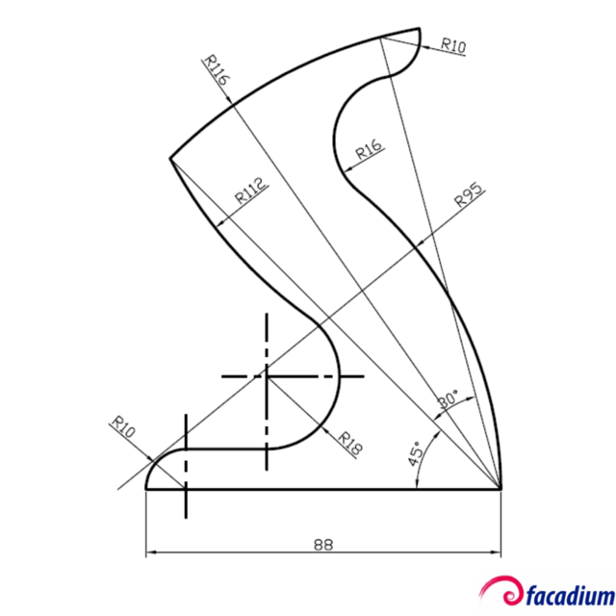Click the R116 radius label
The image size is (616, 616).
[216, 71]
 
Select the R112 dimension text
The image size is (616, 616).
[252, 191]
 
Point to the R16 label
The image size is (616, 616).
[368, 148]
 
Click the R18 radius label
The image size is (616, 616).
[350, 441]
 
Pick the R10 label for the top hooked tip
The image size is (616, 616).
[453, 44]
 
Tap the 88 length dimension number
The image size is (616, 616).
[322, 544]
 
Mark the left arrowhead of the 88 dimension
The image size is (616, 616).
[151, 553]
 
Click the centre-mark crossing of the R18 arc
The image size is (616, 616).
[266, 375]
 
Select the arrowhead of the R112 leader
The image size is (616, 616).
[223, 223]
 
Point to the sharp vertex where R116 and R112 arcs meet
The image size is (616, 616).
[170, 158]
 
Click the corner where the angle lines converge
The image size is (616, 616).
[501, 489]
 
